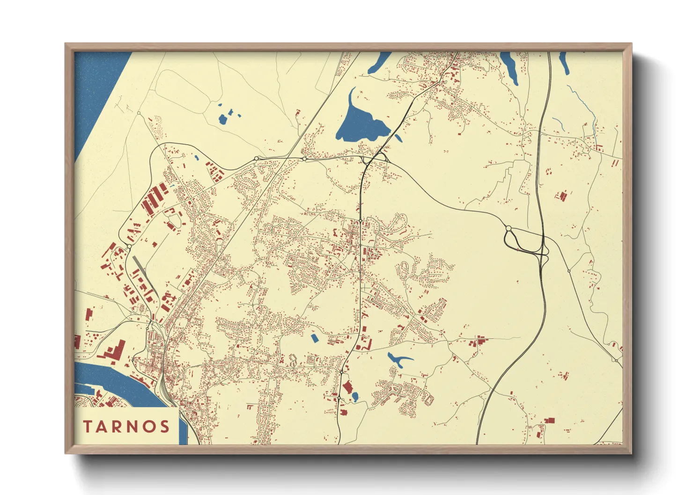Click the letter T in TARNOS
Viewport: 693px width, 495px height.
click(x=88, y=427)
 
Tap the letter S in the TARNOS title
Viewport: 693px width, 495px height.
click(x=164, y=427)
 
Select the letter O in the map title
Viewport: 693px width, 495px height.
click(x=149, y=427)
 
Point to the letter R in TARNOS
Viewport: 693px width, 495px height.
click(x=118, y=427)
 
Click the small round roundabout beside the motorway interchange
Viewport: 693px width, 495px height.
click(x=509, y=228)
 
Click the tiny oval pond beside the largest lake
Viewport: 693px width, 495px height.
click(x=398, y=138)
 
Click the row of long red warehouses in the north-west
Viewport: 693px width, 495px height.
click(x=155, y=199)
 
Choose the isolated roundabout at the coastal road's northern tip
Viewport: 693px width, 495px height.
click(x=139, y=113)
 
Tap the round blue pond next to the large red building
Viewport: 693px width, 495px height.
click(x=355, y=397)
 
